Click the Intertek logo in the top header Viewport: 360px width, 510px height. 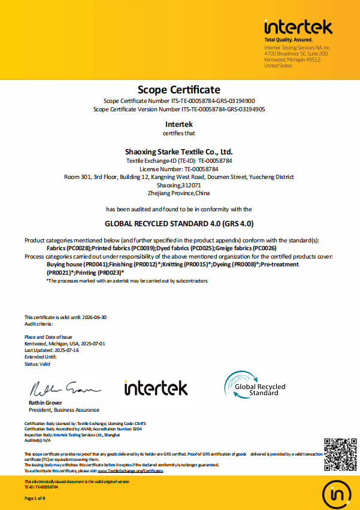[298, 28]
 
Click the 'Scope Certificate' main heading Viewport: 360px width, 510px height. [179, 90]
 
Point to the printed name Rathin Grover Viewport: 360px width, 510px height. [45, 403]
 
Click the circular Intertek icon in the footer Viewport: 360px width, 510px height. [339, 494]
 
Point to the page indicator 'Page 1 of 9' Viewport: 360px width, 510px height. [35, 498]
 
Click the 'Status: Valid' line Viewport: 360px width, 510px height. [37, 364]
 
